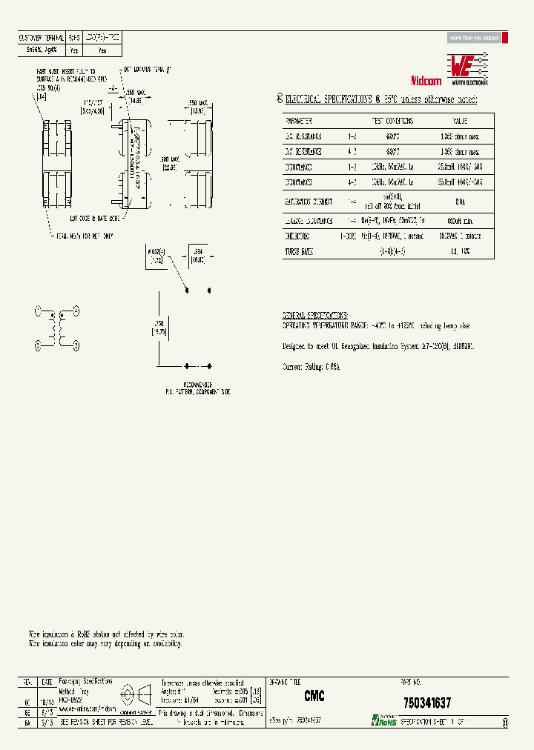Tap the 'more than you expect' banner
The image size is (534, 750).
[x=475, y=38]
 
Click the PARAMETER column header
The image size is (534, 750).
[x=299, y=120]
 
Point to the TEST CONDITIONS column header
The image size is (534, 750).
[x=391, y=120]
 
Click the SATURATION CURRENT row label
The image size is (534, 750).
[x=309, y=201]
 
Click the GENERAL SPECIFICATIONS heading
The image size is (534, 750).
[x=315, y=315]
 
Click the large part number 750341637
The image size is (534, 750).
[x=426, y=702]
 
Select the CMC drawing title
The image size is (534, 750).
[x=314, y=697]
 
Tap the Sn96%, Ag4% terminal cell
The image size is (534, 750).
[x=42, y=51]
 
